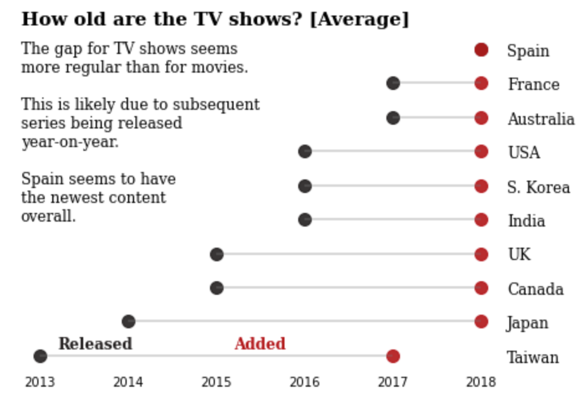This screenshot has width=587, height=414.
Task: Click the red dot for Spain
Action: (481, 50)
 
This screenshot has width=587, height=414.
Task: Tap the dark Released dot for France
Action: (393, 83)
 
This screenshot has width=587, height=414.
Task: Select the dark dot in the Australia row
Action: (393, 117)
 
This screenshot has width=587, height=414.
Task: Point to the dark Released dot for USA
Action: (304, 151)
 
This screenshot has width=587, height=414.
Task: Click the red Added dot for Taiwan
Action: (393, 356)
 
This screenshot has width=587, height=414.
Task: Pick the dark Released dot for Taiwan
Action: (40, 356)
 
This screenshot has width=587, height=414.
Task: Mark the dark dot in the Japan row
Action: (129, 322)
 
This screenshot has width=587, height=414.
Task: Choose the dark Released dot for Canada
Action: (216, 288)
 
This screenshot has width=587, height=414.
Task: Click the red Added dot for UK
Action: (481, 254)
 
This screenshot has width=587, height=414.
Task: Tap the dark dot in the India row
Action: (304, 220)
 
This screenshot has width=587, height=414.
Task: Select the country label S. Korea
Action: (538, 187)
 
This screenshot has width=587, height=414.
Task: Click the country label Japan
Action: (527, 323)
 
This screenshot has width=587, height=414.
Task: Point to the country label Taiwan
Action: (532, 358)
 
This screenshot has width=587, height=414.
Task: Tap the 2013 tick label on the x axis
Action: (40, 382)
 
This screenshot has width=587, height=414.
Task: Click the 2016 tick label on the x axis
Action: (304, 382)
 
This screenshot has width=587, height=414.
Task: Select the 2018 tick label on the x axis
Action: (481, 382)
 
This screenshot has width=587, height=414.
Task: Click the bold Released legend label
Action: (95, 344)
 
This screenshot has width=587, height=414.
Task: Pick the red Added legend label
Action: (260, 344)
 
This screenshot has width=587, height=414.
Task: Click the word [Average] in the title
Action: (359, 19)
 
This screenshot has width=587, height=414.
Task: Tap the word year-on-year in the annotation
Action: (70, 142)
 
